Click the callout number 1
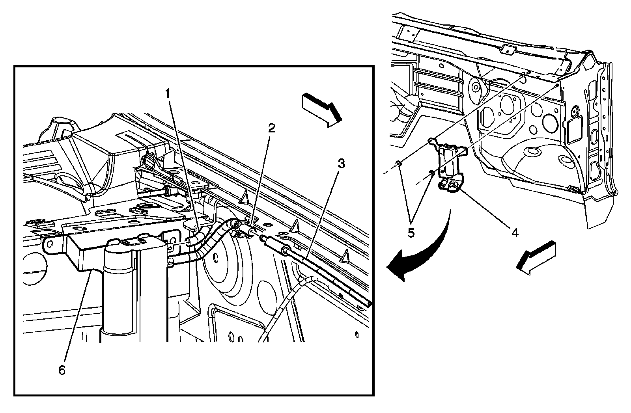point(168,94)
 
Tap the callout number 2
point(271,128)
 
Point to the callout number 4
point(514,233)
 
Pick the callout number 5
point(411,233)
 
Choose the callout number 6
point(62,371)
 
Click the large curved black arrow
point(422,252)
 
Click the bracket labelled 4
point(450,166)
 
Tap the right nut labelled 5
point(432,173)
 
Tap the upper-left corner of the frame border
point(15,66)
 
